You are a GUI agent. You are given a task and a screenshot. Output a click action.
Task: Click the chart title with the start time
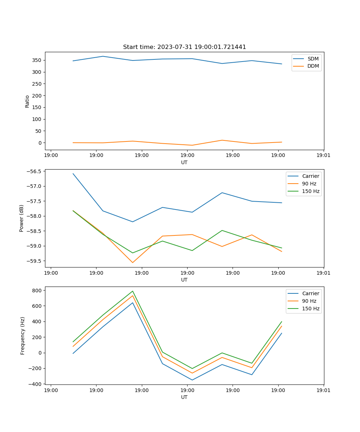pyautogui.click(x=184, y=47)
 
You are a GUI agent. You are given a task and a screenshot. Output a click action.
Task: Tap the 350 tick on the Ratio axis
pyautogui.click(x=37, y=60)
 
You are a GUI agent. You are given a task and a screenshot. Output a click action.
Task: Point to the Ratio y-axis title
pyautogui.click(x=27, y=102)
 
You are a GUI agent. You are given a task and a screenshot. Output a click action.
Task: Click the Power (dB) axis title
pyautogui.click(x=22, y=218)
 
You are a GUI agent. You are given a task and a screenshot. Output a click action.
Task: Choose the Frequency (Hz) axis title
pyautogui.click(x=23, y=336)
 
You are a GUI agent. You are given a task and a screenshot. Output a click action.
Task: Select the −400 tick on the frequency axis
pyautogui.click(x=36, y=384)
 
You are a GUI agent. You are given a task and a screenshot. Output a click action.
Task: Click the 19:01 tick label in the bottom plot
pyautogui.click(x=324, y=390)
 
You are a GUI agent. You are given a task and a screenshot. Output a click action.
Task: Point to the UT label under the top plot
pyautogui.click(x=184, y=162)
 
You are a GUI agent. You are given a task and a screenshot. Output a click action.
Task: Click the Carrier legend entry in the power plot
pyautogui.click(x=310, y=176)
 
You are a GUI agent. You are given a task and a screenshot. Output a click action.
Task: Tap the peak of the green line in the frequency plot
pyautogui.click(x=132, y=291)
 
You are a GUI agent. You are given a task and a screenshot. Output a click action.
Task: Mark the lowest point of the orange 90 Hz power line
pyautogui.click(x=132, y=262)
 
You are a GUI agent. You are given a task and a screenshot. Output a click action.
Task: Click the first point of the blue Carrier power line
pyautogui.click(x=73, y=174)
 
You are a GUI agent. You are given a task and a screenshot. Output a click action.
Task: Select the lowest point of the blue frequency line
pyautogui.click(x=192, y=380)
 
